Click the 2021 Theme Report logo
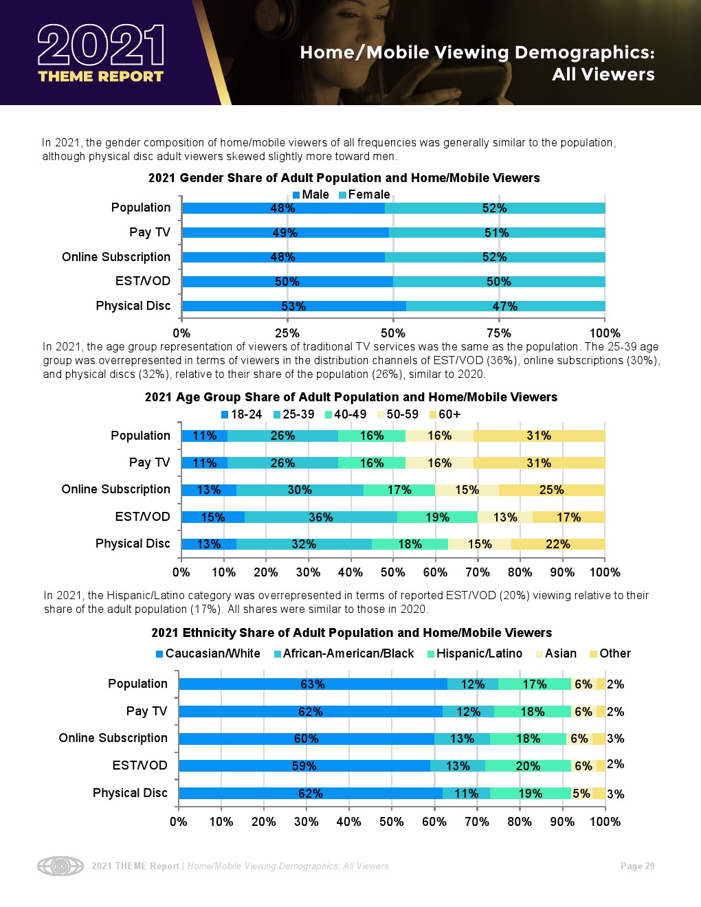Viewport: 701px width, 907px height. click(101, 54)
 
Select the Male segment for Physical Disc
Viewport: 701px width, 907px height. click(293, 306)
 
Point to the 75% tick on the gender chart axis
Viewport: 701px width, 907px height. click(499, 333)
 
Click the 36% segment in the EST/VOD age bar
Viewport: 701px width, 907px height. click(320, 517)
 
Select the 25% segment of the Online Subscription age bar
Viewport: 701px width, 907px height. click(551, 490)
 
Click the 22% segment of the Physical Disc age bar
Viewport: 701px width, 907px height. click(557, 544)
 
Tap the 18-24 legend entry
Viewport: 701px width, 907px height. click(241, 414)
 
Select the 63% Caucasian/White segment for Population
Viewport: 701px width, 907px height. click(313, 684)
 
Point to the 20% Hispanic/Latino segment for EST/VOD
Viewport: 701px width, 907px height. click(528, 766)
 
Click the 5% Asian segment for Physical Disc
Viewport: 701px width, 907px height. click(581, 794)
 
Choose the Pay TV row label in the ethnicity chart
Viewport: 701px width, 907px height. click(146, 711)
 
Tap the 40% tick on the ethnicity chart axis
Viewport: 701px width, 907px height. click(348, 822)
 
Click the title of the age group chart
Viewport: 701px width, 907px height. click(350, 397)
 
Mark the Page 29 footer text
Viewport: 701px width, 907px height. click(637, 866)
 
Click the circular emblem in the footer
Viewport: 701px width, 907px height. click(60, 866)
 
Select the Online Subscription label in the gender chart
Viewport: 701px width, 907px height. click(116, 257)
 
